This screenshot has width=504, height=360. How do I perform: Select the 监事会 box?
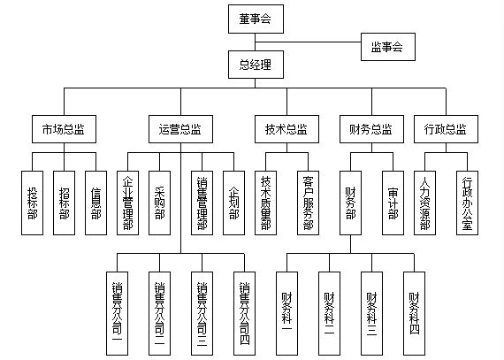tap(387, 48)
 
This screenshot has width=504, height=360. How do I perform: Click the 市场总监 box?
tap(63, 129)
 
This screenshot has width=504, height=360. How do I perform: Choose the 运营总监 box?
tap(180, 129)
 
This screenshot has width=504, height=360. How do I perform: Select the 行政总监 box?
tap(445, 129)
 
